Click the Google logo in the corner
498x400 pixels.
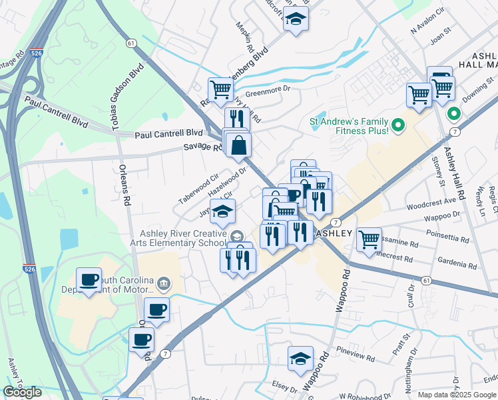click(x=22, y=392)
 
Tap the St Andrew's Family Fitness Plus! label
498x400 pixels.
click(x=349, y=126)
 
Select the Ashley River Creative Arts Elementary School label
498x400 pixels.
click(x=183, y=238)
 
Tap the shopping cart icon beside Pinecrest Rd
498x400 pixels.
click(x=369, y=239)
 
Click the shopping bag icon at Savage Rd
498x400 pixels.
click(x=238, y=144)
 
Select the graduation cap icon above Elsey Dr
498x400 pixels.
click(x=300, y=358)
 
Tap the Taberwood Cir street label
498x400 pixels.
click(x=198, y=189)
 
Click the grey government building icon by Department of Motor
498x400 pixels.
click(x=164, y=285)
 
